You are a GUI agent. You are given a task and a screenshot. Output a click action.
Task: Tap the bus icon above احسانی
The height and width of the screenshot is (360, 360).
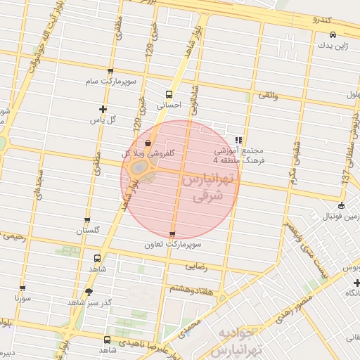[169, 94]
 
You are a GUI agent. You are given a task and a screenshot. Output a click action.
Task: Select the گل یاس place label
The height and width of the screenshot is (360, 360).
[103, 120]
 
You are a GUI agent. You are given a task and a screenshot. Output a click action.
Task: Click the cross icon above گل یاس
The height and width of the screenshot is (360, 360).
[103, 109]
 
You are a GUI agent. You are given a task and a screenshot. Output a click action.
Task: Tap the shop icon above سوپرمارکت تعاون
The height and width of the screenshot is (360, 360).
[172, 234]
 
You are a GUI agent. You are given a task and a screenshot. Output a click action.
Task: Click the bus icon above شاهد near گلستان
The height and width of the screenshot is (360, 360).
[96, 257]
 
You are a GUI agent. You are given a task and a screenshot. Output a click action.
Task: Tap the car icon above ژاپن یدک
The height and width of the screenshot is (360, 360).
[333, 34]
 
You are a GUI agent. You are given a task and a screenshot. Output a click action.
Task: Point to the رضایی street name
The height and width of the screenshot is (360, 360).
[195, 268]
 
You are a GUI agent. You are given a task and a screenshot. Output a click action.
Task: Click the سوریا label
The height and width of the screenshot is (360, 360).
[22, 298]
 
